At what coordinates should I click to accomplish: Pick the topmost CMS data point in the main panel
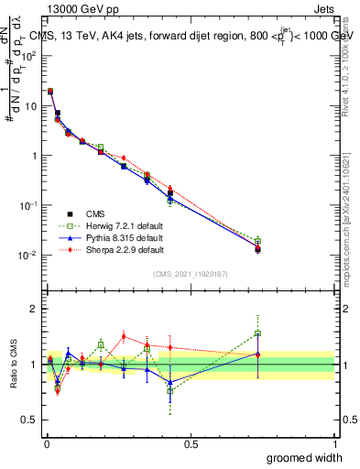49,92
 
